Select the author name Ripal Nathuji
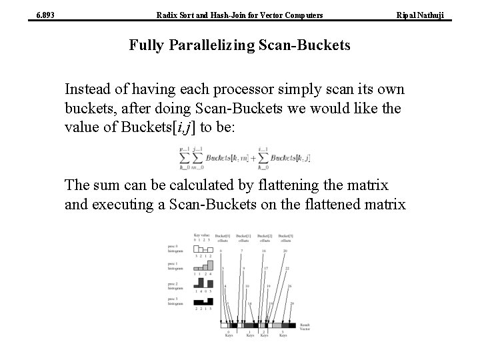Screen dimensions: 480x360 coord(429,15)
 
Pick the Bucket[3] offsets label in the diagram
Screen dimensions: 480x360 coord(285,237)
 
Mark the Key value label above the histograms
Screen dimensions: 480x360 coord(203,235)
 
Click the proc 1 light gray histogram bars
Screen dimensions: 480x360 coord(203,265)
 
